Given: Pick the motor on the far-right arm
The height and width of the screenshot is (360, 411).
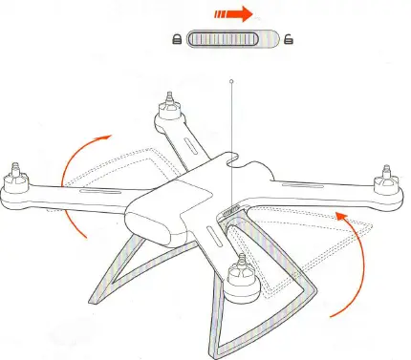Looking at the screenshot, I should [x=385, y=178].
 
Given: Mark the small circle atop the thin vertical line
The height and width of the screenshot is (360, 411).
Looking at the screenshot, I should [x=231, y=83].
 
